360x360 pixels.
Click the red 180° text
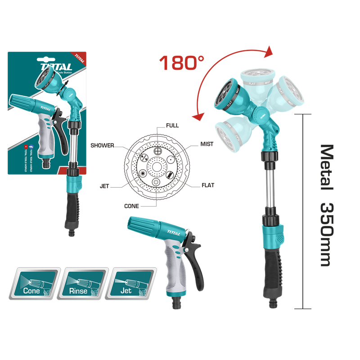coord(178,63)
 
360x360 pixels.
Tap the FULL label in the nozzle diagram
coord(172,126)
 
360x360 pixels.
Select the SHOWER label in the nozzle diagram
coord(102,145)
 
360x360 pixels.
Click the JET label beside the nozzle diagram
coord(104,184)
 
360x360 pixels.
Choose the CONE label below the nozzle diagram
coord(132,206)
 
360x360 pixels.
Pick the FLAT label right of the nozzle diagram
coord(208,185)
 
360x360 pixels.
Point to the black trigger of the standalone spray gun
coord(196,261)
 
